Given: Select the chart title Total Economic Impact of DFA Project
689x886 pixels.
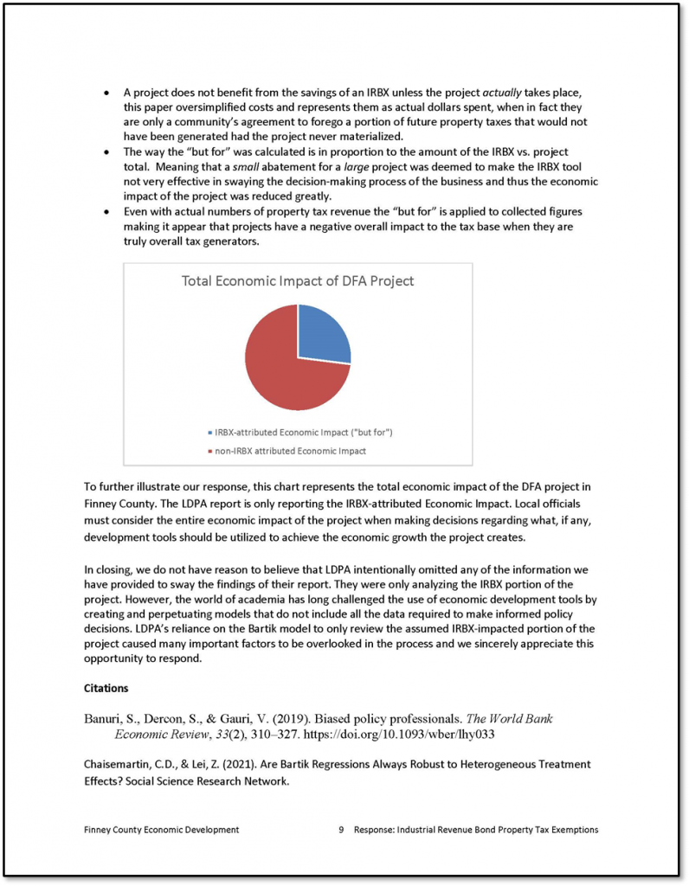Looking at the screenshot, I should (298, 280).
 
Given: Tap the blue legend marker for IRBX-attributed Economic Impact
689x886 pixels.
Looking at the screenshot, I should (210, 432).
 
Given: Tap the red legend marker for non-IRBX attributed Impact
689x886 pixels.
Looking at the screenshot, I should (210, 451).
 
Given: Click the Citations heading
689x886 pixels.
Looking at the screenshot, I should (106, 689).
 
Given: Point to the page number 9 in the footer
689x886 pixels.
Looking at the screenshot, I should (342, 830).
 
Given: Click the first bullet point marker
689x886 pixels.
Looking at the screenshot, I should (106, 92).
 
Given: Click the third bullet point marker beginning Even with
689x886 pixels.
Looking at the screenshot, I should (106, 211).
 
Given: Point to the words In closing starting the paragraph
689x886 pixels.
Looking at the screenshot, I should (107, 569).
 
